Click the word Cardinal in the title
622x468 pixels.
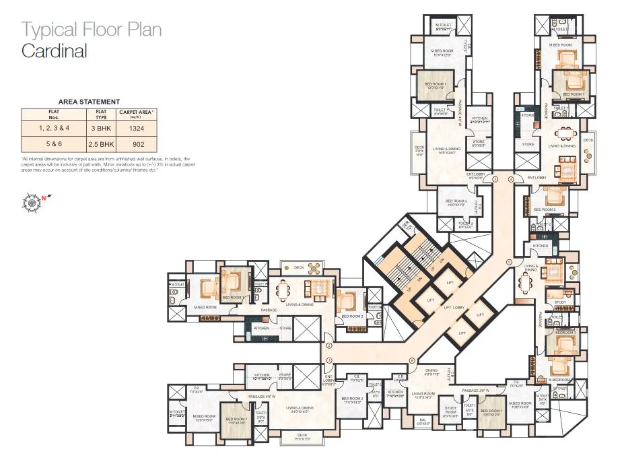[x=55, y=51]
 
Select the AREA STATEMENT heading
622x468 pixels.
[x=89, y=101]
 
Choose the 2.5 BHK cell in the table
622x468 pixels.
[x=101, y=144]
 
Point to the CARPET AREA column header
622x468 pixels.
[x=136, y=112]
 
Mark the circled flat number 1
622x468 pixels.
[x=330, y=361]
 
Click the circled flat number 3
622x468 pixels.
[x=495, y=179]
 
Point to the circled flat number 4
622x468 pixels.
[x=510, y=179]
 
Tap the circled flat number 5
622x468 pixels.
[x=509, y=262]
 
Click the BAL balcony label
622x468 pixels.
[x=423, y=422]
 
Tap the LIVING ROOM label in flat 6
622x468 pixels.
[x=423, y=394]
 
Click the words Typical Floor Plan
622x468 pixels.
[x=92, y=30]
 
